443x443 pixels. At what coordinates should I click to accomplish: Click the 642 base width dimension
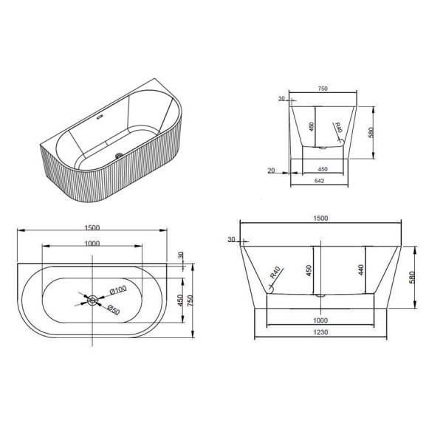coord(319,181)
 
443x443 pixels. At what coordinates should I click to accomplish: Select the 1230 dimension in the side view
coord(320,332)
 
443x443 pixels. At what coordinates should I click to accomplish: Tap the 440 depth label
coord(360,270)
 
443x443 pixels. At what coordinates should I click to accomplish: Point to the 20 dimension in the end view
coord(271,171)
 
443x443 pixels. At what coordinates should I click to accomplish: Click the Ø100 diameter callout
coord(118,290)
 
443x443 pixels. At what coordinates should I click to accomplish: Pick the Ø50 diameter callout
coord(114,310)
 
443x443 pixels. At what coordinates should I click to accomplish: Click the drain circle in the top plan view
coord(92,300)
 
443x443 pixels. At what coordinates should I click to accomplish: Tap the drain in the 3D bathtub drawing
coord(119,154)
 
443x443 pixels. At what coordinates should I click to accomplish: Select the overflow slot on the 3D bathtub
coord(100,117)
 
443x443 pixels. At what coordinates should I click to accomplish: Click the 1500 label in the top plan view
coord(92,227)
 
